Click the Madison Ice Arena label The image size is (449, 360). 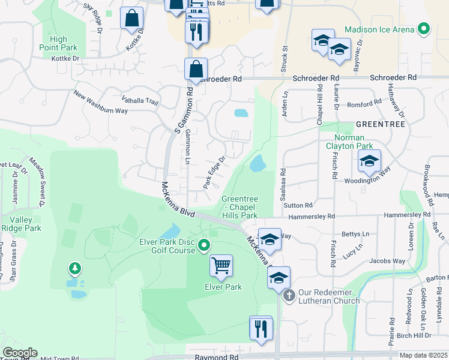tap(379, 29)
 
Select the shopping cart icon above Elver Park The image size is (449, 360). tap(221, 265)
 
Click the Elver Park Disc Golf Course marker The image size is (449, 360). tap(205, 244)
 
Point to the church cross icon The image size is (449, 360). tap(289, 295)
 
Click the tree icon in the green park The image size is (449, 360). tap(74, 268)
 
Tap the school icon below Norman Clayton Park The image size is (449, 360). tap(369, 161)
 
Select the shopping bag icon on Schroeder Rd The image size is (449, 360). tap(196, 69)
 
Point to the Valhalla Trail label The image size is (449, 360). tap(140, 102)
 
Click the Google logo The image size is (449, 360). tap(20, 353)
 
